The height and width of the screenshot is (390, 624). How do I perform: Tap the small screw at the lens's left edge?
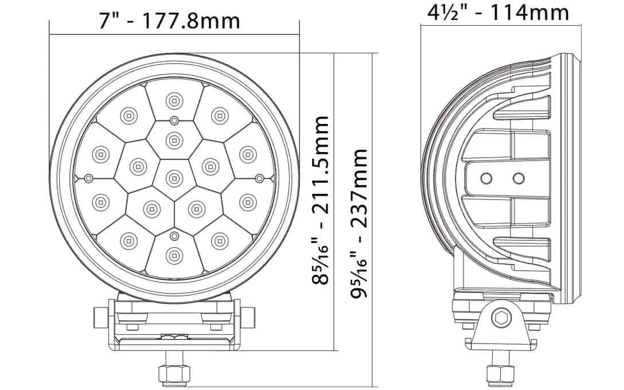tap(88, 178)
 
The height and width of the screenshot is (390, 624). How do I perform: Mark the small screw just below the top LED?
tap(173, 120)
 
